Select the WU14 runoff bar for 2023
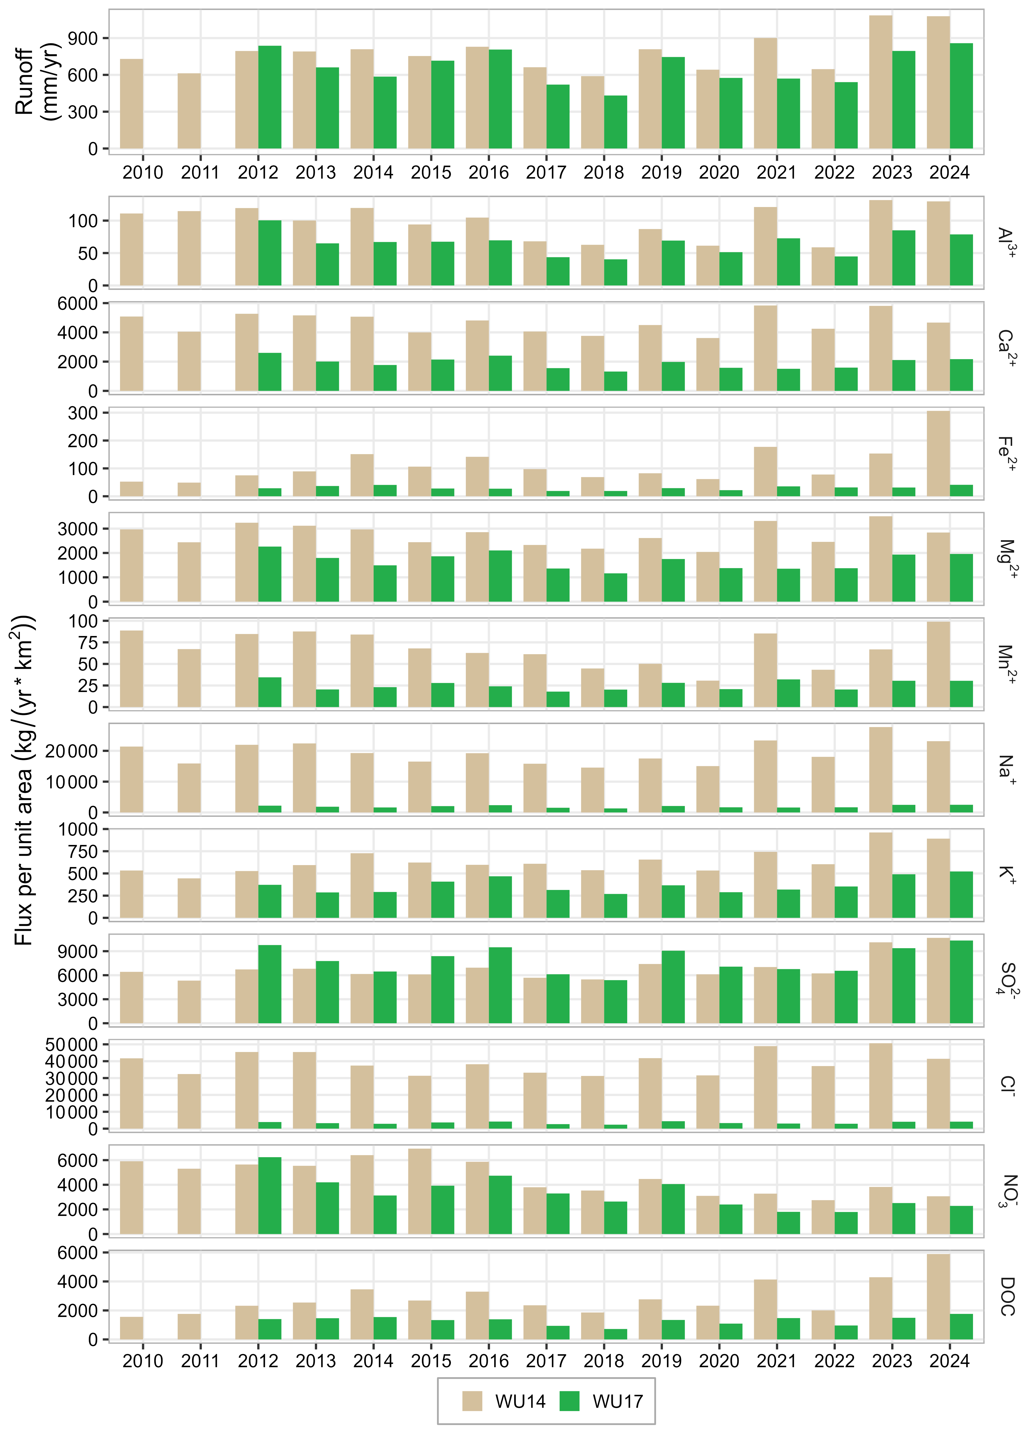click(x=881, y=82)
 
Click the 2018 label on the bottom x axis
click(x=603, y=1361)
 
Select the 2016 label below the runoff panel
click(x=489, y=173)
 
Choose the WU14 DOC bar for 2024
click(x=938, y=1297)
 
